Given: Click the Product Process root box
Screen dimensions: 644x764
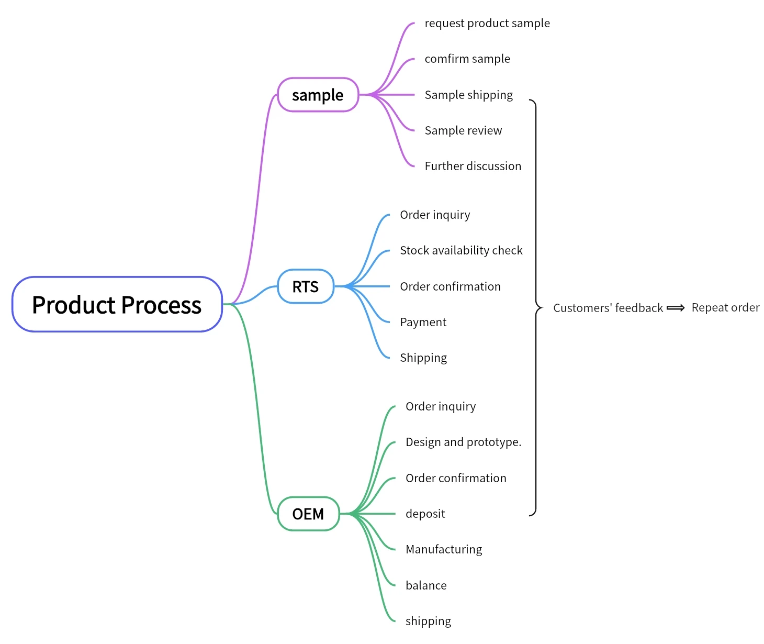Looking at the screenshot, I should [117, 305].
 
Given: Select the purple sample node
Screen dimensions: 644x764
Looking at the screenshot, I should [318, 95].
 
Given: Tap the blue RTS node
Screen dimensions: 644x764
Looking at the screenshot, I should [306, 287].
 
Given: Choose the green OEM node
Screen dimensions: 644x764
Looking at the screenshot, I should [308, 514].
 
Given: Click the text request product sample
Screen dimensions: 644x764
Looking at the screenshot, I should [487, 24].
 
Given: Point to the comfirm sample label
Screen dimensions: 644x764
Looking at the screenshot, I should [467, 59].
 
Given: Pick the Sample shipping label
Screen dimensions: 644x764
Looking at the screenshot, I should [469, 95].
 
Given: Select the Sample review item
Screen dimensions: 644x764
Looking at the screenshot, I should [463, 131].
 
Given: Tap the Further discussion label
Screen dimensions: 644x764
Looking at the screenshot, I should [473, 166].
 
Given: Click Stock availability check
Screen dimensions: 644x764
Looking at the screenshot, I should [461, 251].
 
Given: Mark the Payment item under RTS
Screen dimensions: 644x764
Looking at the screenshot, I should [423, 323].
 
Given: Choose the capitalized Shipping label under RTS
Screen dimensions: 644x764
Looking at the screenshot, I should [423, 358].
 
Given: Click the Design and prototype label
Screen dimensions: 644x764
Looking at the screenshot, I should [463, 442].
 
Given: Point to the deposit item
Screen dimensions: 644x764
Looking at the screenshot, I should [425, 514].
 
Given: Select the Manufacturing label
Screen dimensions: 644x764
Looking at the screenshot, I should [444, 550].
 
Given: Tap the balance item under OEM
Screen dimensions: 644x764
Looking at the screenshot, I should [426, 586].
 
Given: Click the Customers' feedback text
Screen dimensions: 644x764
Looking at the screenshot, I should [608, 308].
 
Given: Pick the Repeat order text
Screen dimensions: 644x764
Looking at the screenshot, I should [725, 308].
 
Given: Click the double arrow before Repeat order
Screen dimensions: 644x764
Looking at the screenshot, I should [676, 308].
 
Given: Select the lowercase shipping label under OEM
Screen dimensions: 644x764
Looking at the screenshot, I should [428, 621].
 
